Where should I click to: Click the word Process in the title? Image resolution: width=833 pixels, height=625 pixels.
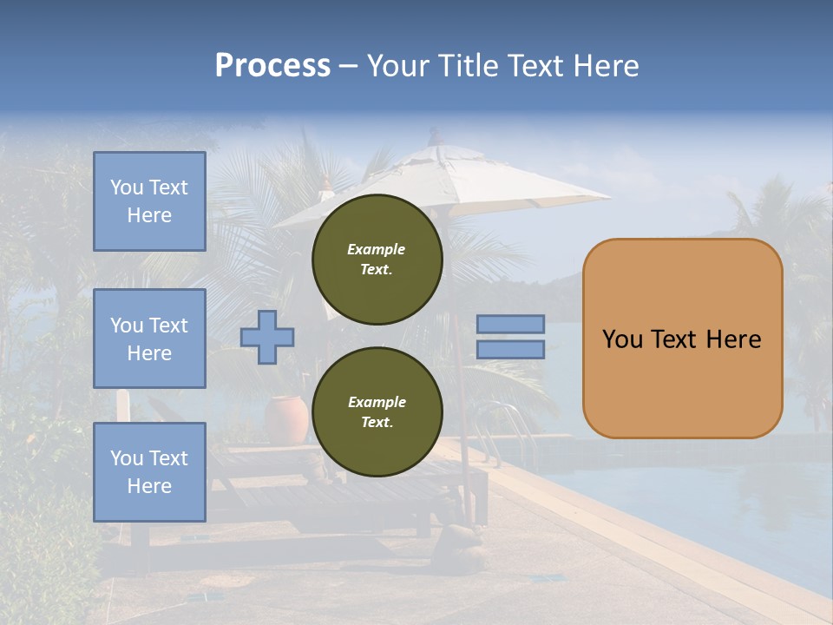(x=272, y=66)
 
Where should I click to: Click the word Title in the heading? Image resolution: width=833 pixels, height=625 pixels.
(x=469, y=66)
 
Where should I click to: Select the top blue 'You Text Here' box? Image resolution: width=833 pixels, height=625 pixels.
(x=149, y=201)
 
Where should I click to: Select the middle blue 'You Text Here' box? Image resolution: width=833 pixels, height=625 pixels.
(x=149, y=339)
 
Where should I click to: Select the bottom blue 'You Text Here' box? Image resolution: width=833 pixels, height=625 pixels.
(x=149, y=471)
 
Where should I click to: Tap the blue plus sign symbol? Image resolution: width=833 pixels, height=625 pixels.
(x=267, y=337)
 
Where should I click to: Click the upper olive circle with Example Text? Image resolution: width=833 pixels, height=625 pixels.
(x=377, y=259)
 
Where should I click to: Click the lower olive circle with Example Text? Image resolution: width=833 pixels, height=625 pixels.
(x=377, y=411)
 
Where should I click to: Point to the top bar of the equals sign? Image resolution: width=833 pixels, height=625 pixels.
(x=510, y=324)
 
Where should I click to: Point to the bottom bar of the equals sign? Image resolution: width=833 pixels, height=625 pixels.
(x=510, y=349)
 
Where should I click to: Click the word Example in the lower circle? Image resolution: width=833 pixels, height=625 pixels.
(x=377, y=402)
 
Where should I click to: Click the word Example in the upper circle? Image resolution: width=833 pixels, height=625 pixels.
(x=377, y=249)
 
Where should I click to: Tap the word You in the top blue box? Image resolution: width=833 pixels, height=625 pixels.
(x=127, y=187)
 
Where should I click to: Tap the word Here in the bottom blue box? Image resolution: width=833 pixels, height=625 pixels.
(x=149, y=486)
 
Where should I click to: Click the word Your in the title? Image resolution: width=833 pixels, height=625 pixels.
(x=398, y=66)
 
